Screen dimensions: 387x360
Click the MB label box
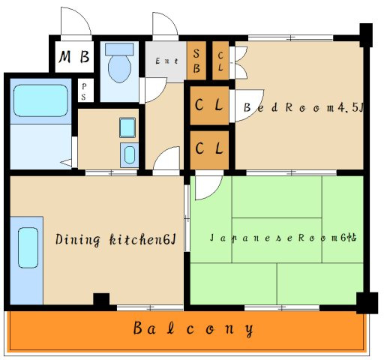pyautogui.click(x=74, y=57)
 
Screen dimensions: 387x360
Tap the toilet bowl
pyautogui.click(x=119, y=69)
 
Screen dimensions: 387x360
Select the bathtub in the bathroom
pyautogui.click(x=40, y=100)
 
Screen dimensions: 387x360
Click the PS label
pyautogui.click(x=84, y=91)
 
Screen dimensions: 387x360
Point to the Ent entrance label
pyautogui.click(x=166, y=61)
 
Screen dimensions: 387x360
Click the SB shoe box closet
pyautogui.click(x=196, y=61)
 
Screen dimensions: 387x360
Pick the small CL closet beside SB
pyautogui.click(x=220, y=61)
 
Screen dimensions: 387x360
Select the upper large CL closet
pyautogui.click(x=209, y=105)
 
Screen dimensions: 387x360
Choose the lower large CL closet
pyautogui.click(x=209, y=150)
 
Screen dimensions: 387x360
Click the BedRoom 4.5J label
pyautogui.click(x=304, y=107)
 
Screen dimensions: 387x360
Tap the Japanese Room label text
pyautogui.click(x=283, y=238)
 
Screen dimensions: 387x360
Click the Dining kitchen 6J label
pyautogui.click(x=115, y=239)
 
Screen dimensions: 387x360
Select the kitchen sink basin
pyautogui.click(x=28, y=247)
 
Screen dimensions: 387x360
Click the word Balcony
pyautogui.click(x=193, y=328)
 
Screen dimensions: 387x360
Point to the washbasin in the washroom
pyautogui.click(x=130, y=155)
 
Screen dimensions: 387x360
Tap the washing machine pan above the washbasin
pyautogui.click(x=127, y=127)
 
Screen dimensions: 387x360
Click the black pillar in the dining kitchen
pyautogui.click(x=101, y=299)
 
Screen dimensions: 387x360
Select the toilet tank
pyautogui.click(x=119, y=49)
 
